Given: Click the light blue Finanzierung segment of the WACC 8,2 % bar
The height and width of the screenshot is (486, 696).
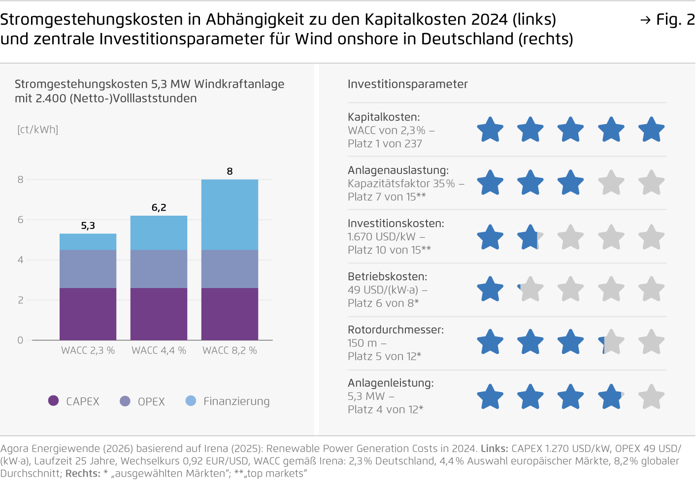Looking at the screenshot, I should (230, 214).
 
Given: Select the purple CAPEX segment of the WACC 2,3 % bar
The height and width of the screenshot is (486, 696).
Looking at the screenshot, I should (88, 314).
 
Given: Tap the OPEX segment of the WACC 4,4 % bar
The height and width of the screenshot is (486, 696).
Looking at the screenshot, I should (159, 269).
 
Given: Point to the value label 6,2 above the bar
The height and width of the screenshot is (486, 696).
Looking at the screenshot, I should (159, 208).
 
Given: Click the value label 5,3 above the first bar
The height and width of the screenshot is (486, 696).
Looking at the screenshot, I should (88, 226).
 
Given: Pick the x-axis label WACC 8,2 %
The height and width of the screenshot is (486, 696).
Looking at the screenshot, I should (230, 351).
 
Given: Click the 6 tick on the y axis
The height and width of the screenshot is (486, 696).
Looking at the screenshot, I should (20, 220).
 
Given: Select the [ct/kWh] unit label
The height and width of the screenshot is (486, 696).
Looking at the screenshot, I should (37, 130).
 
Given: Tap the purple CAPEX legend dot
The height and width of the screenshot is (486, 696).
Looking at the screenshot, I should (53, 401).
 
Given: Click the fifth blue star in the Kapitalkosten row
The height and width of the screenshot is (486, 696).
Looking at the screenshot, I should (651, 130).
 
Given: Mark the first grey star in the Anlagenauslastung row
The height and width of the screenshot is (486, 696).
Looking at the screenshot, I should (611, 183).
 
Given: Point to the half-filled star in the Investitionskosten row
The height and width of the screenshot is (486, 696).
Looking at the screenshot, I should (530, 237).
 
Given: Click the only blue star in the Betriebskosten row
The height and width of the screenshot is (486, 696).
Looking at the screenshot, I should (490, 290).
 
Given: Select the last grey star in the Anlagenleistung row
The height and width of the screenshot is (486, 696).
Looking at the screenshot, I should (651, 397).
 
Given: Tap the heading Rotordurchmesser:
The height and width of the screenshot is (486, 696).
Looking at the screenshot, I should (396, 330).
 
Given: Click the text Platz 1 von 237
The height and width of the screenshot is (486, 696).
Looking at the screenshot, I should (385, 144).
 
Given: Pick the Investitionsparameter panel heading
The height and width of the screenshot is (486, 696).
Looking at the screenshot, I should (407, 84).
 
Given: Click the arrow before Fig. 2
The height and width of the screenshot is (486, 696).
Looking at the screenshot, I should (645, 20).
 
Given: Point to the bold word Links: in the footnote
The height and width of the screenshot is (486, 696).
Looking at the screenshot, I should (494, 449).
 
